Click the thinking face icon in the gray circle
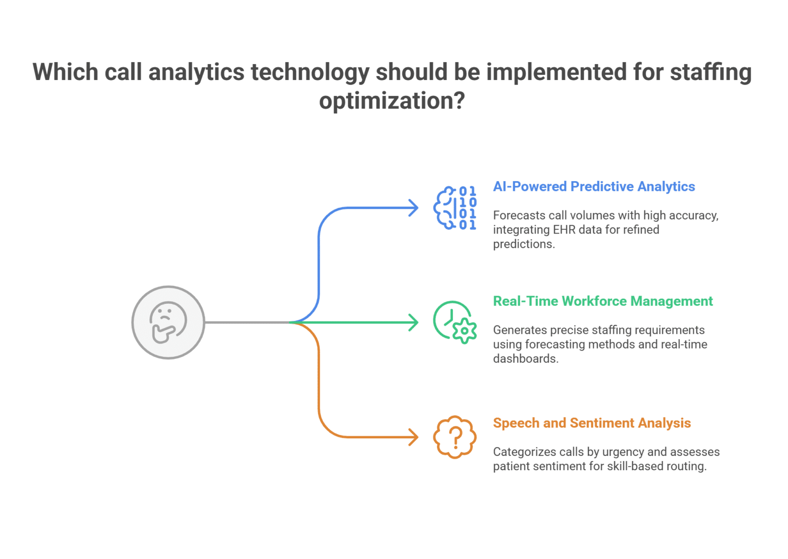(168, 322)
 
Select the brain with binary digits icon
(455, 208)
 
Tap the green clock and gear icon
(455, 322)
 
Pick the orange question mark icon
(455, 437)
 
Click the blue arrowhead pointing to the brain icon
(413, 208)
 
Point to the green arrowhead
(413, 322)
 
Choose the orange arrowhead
(413, 437)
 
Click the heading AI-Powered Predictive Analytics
(594, 186)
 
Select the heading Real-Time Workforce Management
(603, 301)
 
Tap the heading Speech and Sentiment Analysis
(592, 423)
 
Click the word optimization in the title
(392, 101)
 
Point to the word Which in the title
(65, 72)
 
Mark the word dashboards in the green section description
(525, 359)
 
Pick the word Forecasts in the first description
(518, 215)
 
